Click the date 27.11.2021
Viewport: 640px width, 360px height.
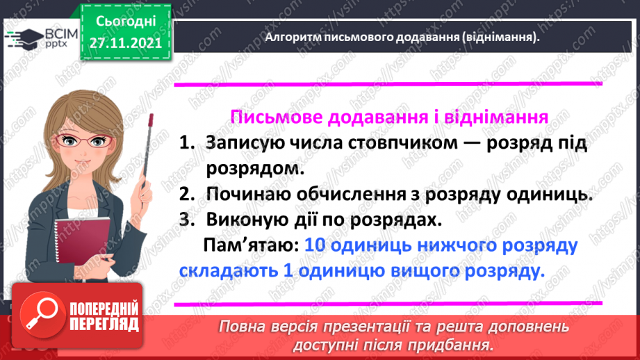125,42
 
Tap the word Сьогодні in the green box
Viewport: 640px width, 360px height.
125,20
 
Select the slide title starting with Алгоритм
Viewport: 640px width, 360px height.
402,38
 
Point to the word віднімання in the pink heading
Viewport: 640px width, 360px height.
489,117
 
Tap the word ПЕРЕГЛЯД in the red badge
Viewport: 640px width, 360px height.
104,324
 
